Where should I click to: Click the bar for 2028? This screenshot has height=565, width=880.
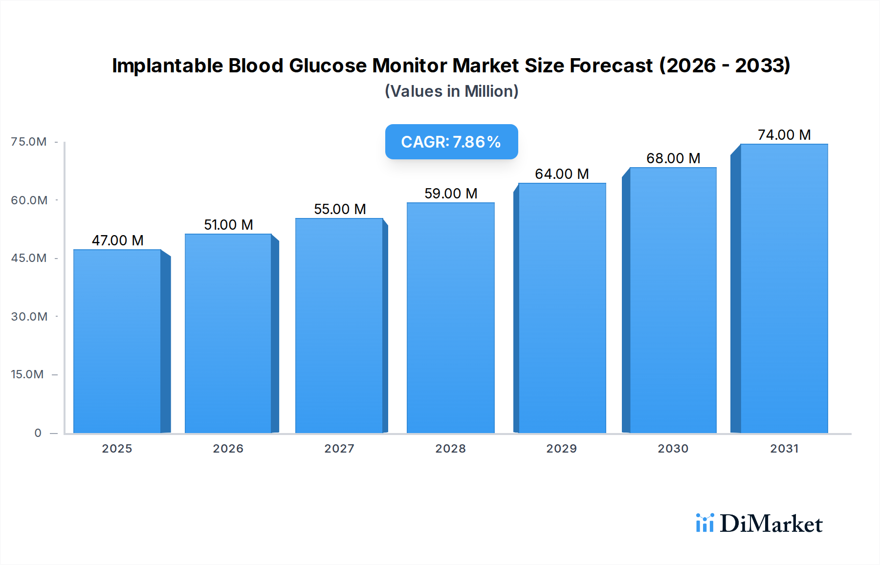[x=450, y=318]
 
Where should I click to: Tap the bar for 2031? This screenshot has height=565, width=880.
[x=784, y=288]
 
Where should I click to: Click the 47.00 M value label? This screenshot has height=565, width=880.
[x=117, y=240]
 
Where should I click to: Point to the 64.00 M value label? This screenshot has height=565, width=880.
[x=562, y=174]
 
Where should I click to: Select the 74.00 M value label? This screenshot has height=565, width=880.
[x=784, y=135]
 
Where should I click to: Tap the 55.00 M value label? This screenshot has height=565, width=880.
[x=340, y=209]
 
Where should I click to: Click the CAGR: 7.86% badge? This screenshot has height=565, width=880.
[x=451, y=142]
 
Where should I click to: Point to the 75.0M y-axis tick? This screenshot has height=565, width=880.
[x=29, y=142]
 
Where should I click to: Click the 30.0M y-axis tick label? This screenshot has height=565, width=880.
[x=29, y=317]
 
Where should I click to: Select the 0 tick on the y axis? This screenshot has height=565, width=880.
[x=38, y=433]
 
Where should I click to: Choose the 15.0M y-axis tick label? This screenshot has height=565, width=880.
[x=27, y=374]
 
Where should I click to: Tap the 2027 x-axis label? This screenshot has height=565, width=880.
[x=339, y=449]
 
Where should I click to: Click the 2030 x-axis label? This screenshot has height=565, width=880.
[x=673, y=449]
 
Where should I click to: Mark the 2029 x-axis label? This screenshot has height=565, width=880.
[x=561, y=449]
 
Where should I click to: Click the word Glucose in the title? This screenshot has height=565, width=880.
[x=327, y=65]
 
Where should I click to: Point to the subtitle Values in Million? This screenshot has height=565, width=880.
[x=451, y=91]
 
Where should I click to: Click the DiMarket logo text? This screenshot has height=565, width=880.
[x=771, y=524]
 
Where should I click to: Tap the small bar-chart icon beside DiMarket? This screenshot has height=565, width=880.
[x=705, y=523]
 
